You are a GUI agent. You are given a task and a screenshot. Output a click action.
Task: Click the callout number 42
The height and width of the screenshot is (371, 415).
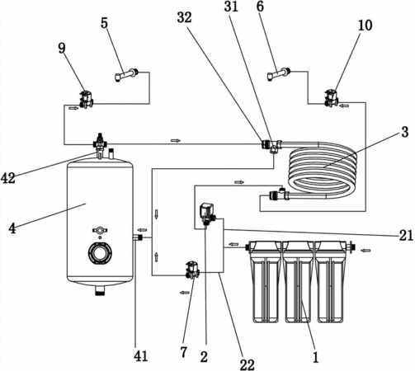8,178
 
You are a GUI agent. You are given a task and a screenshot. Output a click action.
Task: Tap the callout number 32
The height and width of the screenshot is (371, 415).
185,18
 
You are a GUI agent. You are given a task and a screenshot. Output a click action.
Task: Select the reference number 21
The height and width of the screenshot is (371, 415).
406,235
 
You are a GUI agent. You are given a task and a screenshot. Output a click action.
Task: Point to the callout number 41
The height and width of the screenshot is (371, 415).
141,356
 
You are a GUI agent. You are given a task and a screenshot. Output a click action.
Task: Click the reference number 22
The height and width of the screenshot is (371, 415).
247,364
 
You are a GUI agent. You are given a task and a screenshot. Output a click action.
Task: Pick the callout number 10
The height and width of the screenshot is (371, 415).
365,26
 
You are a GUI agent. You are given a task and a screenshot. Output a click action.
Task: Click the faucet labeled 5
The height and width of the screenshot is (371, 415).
126,75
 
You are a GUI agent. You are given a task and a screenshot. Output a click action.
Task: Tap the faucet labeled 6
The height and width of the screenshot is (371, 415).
279,74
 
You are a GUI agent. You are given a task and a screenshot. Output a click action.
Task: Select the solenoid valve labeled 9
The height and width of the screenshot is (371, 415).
86,100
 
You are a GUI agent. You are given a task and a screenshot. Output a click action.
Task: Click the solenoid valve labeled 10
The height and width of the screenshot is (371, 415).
332,98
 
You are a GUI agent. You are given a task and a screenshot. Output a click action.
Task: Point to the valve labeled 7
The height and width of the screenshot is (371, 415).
192,270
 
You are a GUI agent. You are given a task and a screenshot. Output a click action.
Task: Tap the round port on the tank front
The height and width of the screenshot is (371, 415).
100,253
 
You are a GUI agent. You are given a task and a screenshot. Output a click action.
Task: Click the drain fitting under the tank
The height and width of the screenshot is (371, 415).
100,290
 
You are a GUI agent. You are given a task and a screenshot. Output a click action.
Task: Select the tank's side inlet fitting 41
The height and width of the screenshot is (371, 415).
138,237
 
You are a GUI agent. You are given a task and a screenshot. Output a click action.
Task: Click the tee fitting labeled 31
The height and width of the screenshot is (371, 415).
272,146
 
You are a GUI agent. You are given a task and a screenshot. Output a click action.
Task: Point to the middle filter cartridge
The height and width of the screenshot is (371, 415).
298,281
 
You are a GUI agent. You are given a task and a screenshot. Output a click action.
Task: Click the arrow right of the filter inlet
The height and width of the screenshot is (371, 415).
365,251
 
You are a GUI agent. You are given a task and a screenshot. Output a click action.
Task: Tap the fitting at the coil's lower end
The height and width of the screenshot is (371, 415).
279,195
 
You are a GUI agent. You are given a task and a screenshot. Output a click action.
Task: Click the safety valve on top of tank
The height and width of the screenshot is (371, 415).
100,142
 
